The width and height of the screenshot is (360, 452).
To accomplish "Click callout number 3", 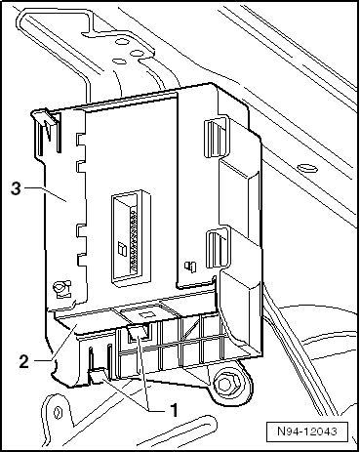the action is coord(16,188).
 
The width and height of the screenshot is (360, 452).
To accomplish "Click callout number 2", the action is coord(23,361).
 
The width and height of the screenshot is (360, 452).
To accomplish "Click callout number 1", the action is coord(175,410).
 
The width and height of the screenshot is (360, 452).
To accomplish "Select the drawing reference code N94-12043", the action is coord(307,431).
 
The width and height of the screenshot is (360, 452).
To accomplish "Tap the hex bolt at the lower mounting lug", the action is coord(225,384).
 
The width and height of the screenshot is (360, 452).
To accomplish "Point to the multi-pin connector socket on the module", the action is coord(131,235).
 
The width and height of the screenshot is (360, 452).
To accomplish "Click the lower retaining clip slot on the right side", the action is coord(217,248).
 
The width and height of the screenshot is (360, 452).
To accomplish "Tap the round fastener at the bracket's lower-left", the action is coord(60,288).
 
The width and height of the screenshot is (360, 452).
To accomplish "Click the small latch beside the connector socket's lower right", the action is coord(189,266).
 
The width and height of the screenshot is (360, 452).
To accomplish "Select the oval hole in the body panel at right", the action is coord(306,168).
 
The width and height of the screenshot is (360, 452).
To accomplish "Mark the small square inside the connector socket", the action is coord(122,248).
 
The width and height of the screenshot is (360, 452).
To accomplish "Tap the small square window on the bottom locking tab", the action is coord(145,314).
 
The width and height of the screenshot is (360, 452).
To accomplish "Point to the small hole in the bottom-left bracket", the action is coord(58,411).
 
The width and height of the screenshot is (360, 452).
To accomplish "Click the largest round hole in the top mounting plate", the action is coord(122,42).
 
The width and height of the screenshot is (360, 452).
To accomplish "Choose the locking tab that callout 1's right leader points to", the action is coord(140,332).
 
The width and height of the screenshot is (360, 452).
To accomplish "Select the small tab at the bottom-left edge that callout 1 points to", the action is coord(97,375).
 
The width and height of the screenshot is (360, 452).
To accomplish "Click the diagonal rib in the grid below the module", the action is coord(189,329).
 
